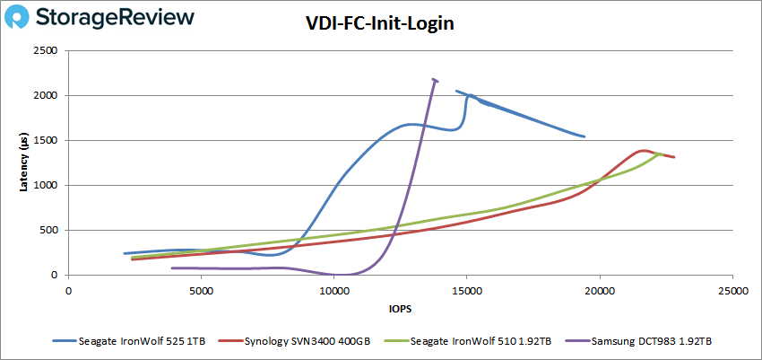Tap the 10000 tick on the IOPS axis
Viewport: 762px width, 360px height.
pyautogui.click(x=333, y=290)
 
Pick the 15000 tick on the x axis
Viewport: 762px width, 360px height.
pyautogui.click(x=466, y=290)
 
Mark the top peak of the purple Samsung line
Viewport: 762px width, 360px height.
pyautogui.click(x=434, y=79)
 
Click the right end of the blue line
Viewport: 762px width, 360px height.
pyautogui.click(x=584, y=137)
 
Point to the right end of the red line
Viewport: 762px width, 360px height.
pyautogui.click(x=673, y=157)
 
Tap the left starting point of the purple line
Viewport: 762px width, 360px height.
pyautogui.click(x=171, y=268)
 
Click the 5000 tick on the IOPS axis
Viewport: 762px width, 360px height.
pyautogui.click(x=201, y=290)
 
